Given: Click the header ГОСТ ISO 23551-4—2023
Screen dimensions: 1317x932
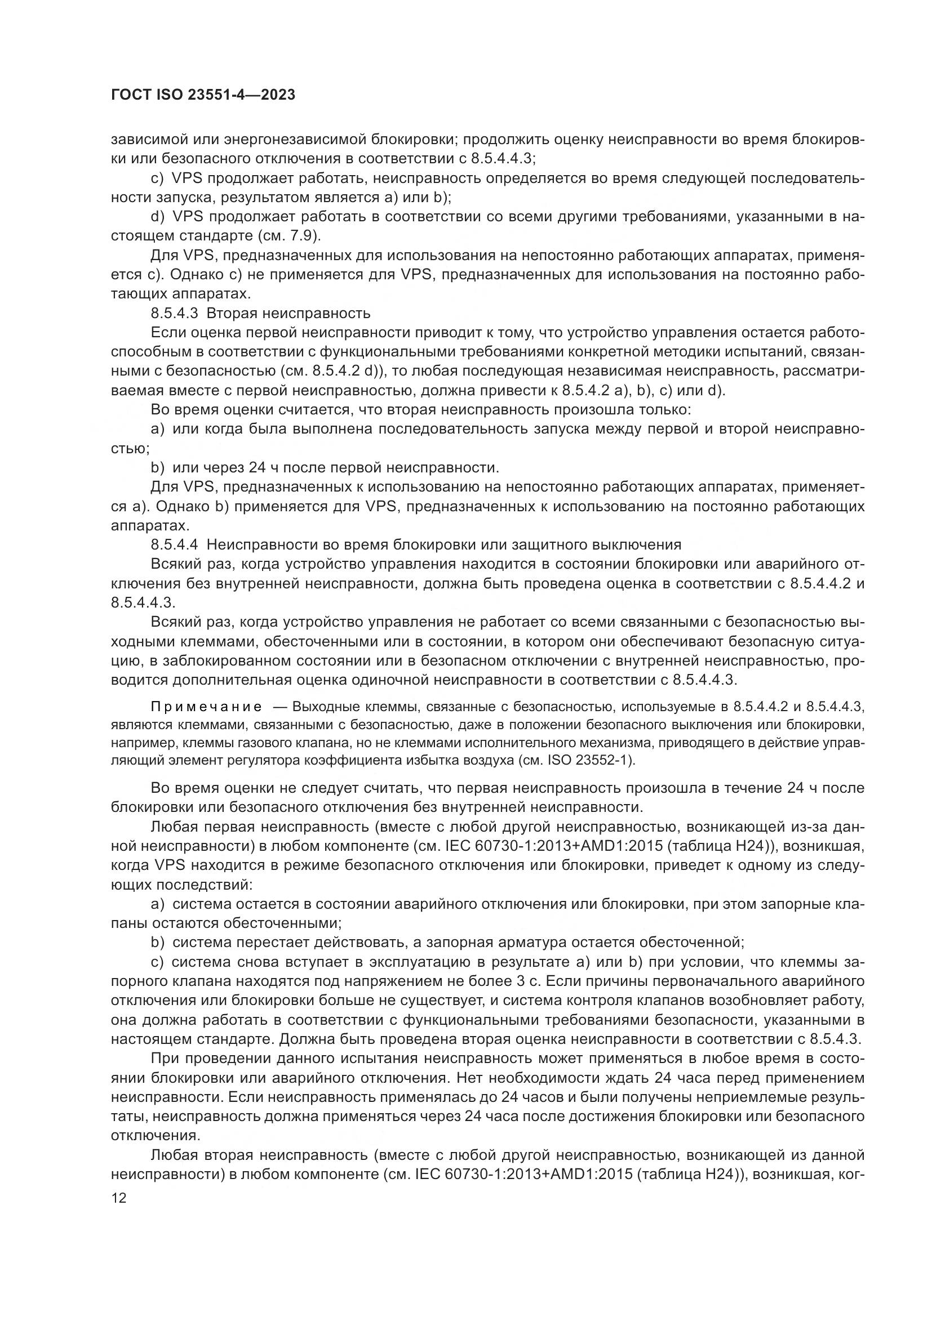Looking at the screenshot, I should pos(203,95).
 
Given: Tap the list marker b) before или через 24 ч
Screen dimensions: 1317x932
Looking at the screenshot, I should pos(157,467).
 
